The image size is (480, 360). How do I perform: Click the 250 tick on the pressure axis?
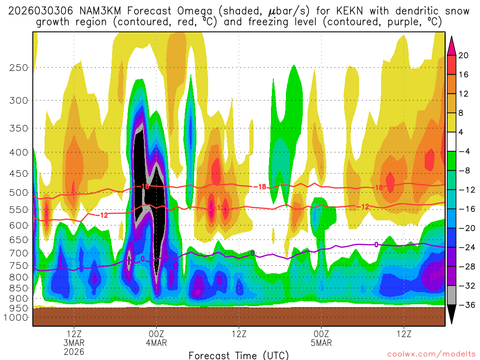click(19, 67)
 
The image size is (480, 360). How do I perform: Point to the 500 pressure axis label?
click(19, 193)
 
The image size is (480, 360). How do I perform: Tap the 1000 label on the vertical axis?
click(17, 317)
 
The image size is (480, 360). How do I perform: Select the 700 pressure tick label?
click(19, 253)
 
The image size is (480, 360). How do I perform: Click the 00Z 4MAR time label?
click(156, 338)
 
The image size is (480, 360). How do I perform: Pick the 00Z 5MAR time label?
click(321, 338)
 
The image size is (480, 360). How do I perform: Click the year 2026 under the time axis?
click(74, 351)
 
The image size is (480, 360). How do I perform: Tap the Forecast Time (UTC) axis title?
click(239, 355)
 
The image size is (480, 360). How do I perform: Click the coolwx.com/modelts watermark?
click(431, 353)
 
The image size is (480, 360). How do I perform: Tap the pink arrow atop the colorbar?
click(452, 45)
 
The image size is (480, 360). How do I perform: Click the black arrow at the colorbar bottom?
click(452, 315)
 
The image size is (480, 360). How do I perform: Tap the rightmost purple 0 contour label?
click(376, 244)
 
